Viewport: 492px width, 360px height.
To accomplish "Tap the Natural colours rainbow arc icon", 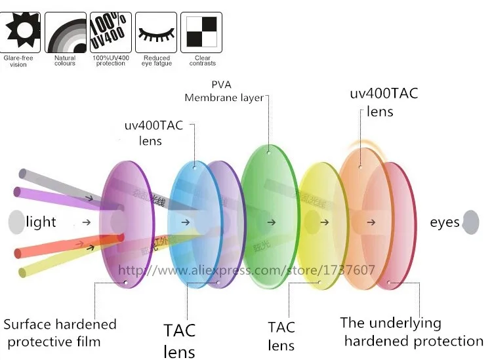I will click(65, 31).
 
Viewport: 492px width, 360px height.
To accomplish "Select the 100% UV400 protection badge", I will click(110, 31).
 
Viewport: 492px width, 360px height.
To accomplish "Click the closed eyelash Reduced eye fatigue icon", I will click(156, 31).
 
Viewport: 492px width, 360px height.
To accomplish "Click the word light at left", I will click(41, 222).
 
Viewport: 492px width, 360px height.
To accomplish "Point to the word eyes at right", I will click(444, 223).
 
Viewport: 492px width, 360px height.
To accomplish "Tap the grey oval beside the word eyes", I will click(470, 222).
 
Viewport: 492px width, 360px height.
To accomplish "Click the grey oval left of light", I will click(16, 222).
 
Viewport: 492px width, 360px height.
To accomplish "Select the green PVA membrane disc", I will click(269, 216).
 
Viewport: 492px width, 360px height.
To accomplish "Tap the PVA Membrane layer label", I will click(223, 92).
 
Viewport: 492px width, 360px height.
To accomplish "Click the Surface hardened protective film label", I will click(60, 332).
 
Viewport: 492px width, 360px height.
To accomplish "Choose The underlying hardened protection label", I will click(412, 332).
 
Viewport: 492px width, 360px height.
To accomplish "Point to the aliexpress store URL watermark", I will click(246, 270).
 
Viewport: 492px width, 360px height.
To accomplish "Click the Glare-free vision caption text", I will click(18, 61).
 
